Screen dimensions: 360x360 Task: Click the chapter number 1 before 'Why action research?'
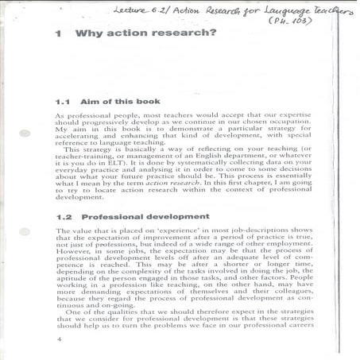(x=59, y=37)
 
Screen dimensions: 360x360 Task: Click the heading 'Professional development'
(x=145, y=216)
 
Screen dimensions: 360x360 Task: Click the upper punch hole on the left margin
(x=25, y=134)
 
